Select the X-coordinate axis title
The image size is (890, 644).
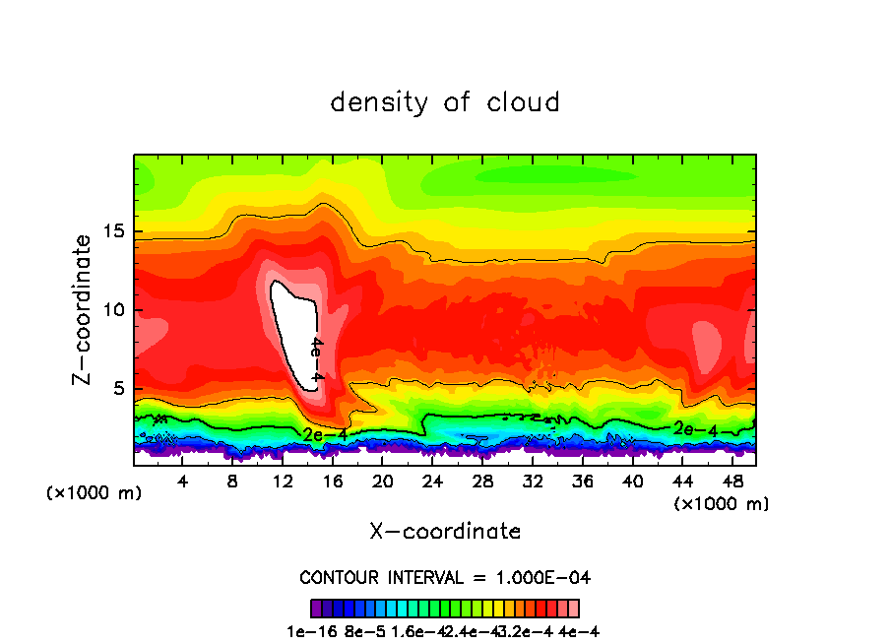click(x=445, y=532)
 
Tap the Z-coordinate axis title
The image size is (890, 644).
click(x=84, y=310)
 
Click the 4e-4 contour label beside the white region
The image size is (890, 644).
click(x=316, y=359)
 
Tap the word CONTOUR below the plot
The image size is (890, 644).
click(x=340, y=577)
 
